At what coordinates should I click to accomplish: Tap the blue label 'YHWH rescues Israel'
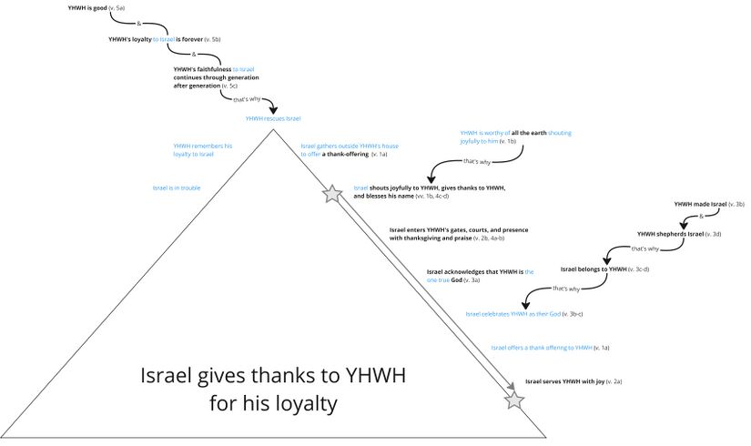(272, 118)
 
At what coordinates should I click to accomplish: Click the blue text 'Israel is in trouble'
(177, 188)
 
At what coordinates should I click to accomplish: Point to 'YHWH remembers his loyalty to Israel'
(203, 149)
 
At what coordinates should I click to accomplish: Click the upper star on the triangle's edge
(331, 193)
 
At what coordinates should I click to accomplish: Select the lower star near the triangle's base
(514, 400)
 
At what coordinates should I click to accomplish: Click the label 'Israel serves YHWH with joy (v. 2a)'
(573, 381)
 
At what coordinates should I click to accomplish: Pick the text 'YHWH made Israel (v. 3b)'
(709, 205)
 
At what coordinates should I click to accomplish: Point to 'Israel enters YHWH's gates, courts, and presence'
(458, 234)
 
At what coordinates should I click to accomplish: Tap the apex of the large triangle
(272, 129)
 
